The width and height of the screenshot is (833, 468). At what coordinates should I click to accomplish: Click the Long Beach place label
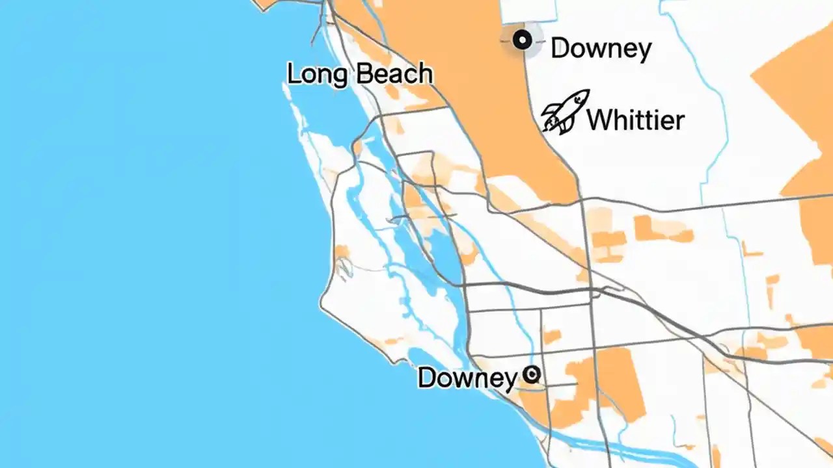(360, 74)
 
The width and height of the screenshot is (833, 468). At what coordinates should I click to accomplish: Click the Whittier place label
(635, 120)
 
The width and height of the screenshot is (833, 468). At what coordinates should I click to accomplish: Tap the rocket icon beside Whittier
(565, 112)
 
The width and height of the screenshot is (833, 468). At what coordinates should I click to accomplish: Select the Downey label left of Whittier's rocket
(601, 49)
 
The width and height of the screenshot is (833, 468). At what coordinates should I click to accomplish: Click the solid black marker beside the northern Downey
(522, 40)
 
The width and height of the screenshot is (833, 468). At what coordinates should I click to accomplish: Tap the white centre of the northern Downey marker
(522, 40)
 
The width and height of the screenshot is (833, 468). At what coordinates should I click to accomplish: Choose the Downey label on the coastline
(467, 378)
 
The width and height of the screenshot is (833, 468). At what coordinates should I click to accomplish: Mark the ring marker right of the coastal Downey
(532, 374)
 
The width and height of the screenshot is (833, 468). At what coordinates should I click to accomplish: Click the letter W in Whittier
(599, 120)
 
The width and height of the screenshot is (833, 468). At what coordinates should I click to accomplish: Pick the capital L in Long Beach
(294, 73)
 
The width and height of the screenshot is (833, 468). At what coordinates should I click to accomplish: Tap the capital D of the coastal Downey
(427, 378)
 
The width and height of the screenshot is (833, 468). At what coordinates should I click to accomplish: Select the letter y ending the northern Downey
(644, 51)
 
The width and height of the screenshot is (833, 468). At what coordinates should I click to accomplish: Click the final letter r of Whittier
(679, 122)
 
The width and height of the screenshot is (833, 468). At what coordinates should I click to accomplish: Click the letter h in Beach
(424, 73)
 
